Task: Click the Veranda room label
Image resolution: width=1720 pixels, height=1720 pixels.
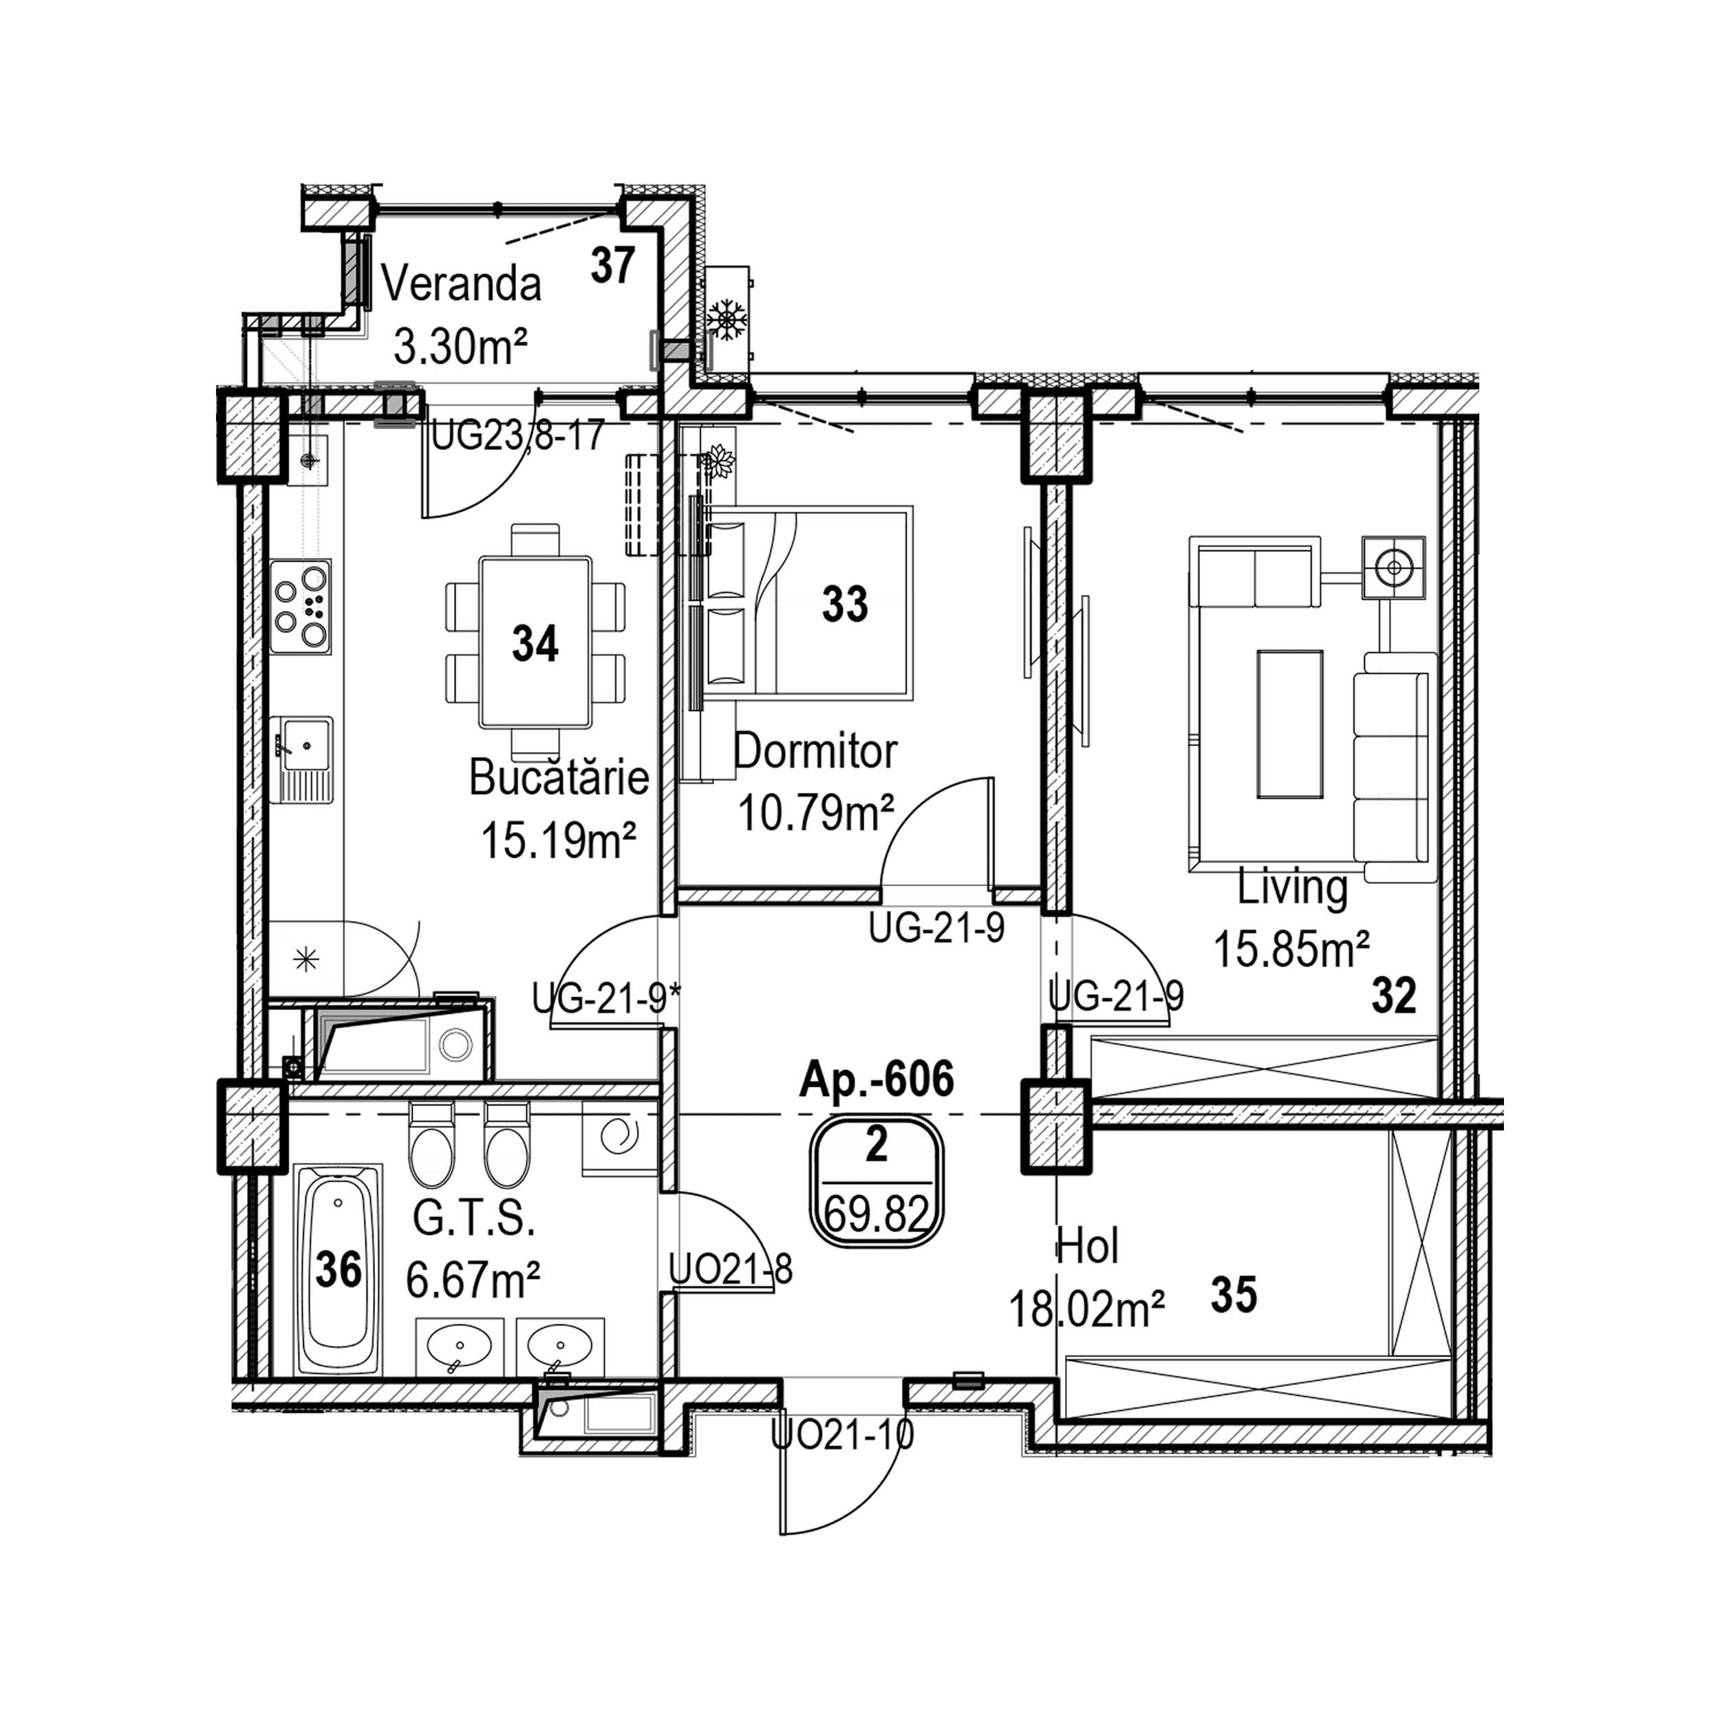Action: pos(461,285)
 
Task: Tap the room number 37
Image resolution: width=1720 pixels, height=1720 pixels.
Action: pos(614,266)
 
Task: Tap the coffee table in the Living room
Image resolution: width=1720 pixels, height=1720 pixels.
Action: pos(1289,724)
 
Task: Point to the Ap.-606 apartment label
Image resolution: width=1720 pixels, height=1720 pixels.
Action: pos(877,1080)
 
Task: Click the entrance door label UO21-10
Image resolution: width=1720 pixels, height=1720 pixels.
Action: pos(841,1435)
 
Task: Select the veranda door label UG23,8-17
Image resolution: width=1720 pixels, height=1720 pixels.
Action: pos(518,436)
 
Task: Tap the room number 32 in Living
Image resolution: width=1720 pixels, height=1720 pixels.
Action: pos(1393,996)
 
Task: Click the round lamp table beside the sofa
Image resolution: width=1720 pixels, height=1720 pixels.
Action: pos(1394,566)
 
